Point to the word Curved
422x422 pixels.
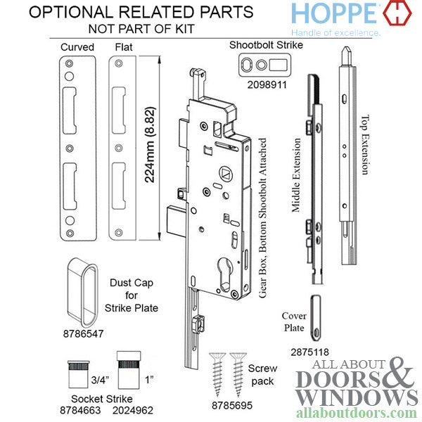point(77,47)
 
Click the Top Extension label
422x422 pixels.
point(365,145)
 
